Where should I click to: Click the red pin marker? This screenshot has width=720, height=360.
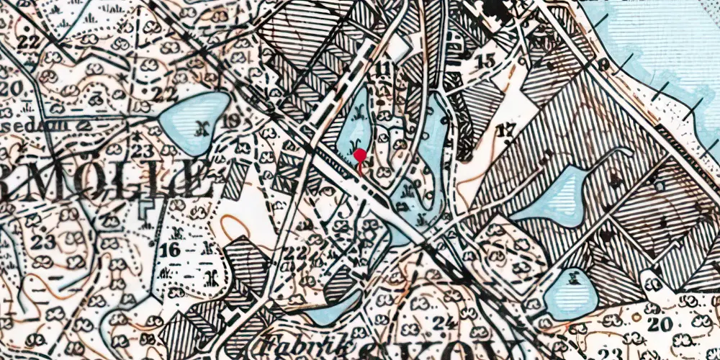[x=359, y=155]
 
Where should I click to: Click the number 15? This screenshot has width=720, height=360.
[x=486, y=61]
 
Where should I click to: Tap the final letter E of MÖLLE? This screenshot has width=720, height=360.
[x=193, y=180]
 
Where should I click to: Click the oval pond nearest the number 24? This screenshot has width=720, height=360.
[x=571, y=295]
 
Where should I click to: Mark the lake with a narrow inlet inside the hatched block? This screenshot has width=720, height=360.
[x=558, y=196]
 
